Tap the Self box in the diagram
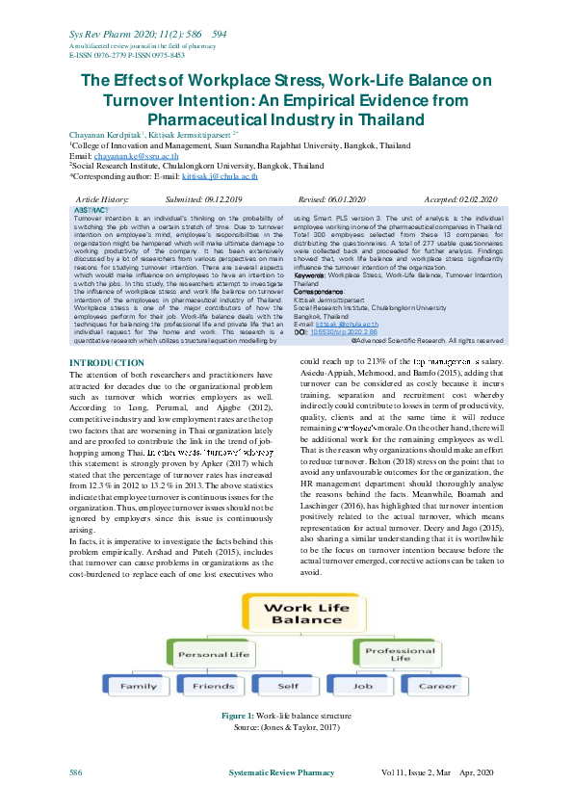coord(286,686)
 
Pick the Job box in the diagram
coord(362,686)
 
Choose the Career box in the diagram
coord(438,686)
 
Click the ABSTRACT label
coord(92,209)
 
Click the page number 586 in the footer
coord(75,773)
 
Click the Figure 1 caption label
coord(237,716)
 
